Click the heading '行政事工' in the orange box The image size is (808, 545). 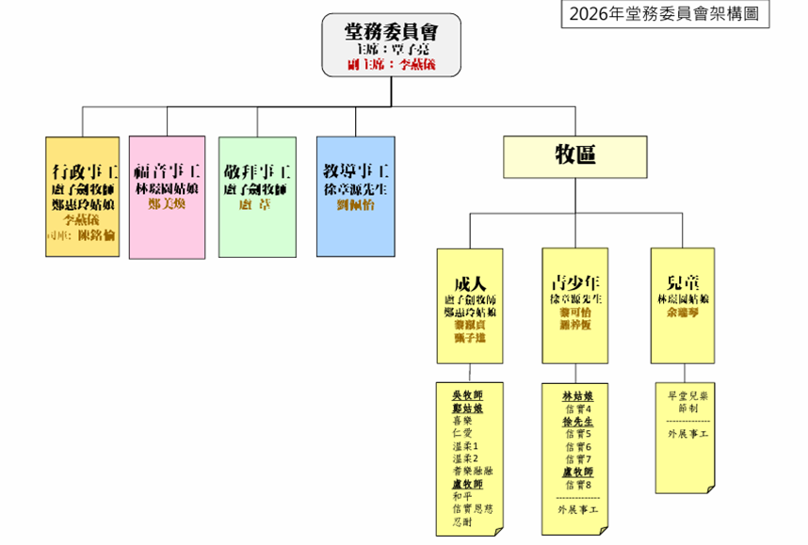pyautogui.click(x=83, y=172)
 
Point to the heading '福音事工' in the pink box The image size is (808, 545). pyautogui.click(x=167, y=172)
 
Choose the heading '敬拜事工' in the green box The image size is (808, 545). pyautogui.click(x=257, y=172)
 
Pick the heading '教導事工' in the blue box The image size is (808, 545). pyautogui.click(x=356, y=172)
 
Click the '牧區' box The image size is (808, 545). pyautogui.click(x=574, y=155)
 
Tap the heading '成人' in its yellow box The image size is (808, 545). pyautogui.click(x=469, y=283)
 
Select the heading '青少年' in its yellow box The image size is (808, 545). pyautogui.click(x=575, y=283)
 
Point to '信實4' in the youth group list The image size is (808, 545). pyautogui.click(x=578, y=409)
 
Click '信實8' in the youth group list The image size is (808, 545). pyautogui.click(x=578, y=483)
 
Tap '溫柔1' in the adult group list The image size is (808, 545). pyautogui.click(x=466, y=446)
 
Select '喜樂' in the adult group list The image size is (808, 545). pyautogui.click(x=462, y=422)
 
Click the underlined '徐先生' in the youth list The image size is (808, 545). pyautogui.click(x=577, y=422)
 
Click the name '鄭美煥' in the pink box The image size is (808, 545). pyautogui.click(x=167, y=203)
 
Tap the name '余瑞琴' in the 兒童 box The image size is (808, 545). pyautogui.click(x=681, y=311)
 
